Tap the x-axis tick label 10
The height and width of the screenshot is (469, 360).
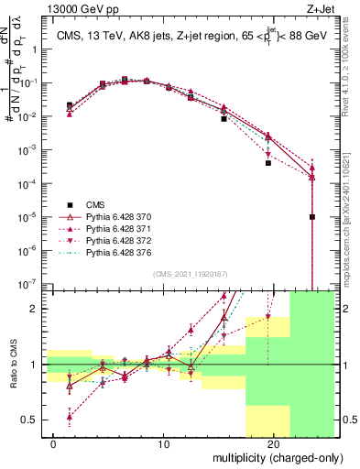click(x=164, y=444)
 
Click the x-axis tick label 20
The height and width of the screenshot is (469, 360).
click(x=274, y=444)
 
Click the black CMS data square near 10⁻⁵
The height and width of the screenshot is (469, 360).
click(x=312, y=217)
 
